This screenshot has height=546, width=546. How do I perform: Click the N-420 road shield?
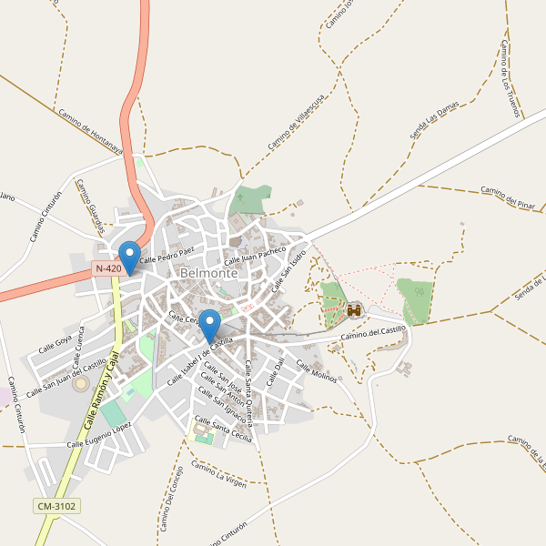pyautogui.click(x=107, y=268)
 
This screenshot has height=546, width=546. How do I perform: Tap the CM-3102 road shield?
pyautogui.click(x=56, y=506)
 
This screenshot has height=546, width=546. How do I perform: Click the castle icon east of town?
pyautogui.click(x=354, y=310)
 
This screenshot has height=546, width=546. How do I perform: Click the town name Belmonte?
pyautogui.click(x=209, y=272)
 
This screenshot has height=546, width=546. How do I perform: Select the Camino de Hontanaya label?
pyautogui.click(x=90, y=133)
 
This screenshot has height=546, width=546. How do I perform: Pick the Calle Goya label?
pyautogui.click(x=55, y=344)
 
